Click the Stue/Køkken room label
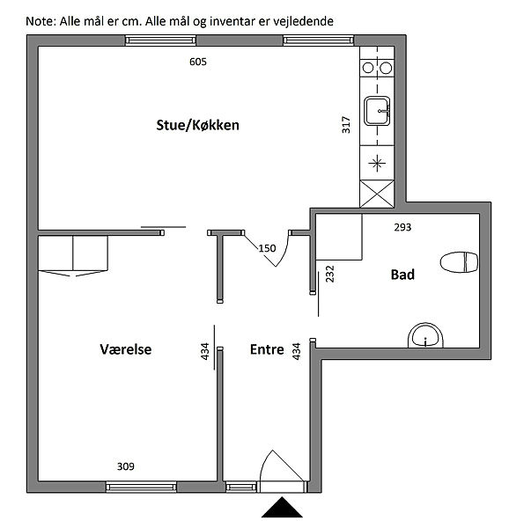point(198,125)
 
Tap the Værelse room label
point(126,349)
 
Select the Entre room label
point(267,349)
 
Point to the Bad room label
point(402,275)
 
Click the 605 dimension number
point(198,62)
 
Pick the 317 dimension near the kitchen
point(346,125)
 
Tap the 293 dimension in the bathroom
point(402,227)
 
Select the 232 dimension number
point(329,274)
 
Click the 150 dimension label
point(267,248)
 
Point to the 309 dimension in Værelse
point(126,466)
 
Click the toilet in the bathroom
point(459,262)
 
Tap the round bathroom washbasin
point(426,335)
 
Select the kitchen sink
point(377,111)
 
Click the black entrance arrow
point(282,507)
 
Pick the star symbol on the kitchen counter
point(377,164)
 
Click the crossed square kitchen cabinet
point(377,194)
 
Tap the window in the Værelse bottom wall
point(141,487)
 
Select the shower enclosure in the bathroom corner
point(338,237)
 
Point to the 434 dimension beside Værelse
point(205,351)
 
